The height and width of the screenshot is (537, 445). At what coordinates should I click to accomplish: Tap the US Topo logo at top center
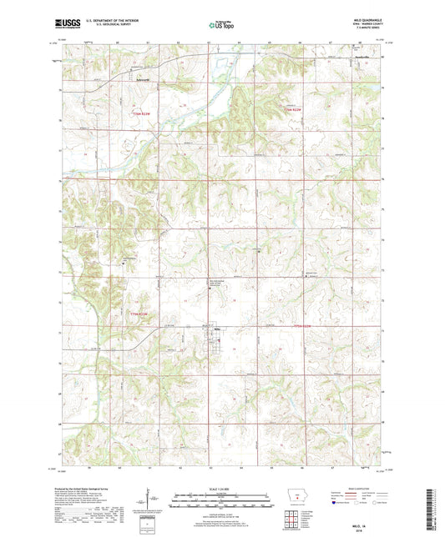point(221,26)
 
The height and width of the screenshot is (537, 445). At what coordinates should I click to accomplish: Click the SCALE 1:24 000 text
point(221,488)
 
